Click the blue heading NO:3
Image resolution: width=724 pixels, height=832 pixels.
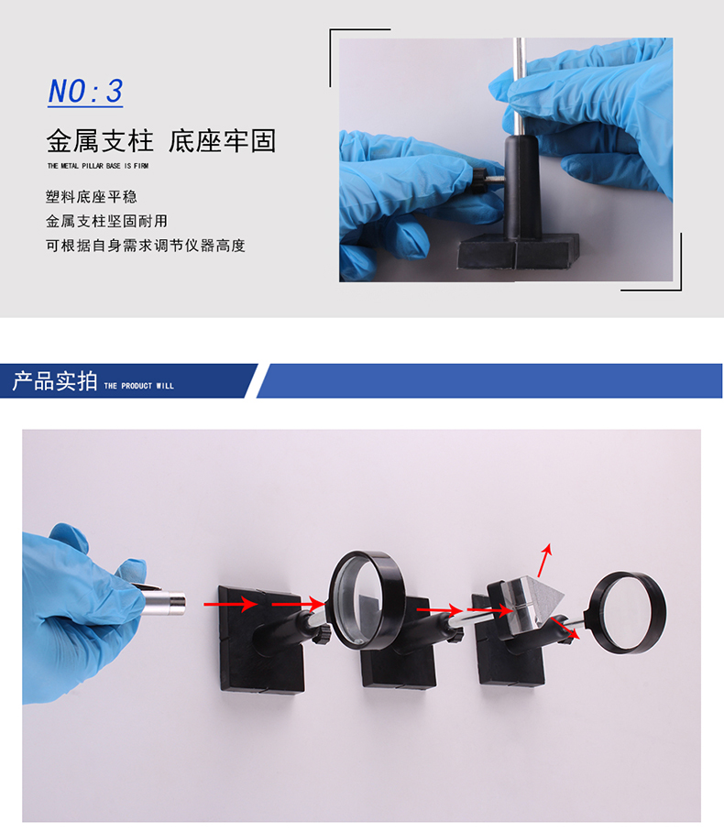point(85,92)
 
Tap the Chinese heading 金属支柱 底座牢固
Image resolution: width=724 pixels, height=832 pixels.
point(161,141)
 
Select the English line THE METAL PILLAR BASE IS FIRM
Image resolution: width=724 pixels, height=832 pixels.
point(98,166)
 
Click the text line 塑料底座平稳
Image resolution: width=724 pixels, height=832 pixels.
point(92,197)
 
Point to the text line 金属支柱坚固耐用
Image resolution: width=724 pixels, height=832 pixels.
point(106,221)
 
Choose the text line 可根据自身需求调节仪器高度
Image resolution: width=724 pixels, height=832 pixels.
point(146,246)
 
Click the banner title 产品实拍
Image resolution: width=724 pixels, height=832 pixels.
point(55,381)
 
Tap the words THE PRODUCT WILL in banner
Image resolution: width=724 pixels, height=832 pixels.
point(139,386)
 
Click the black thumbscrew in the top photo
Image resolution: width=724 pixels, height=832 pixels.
point(480,181)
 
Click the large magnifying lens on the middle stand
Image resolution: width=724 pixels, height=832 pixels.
point(367,599)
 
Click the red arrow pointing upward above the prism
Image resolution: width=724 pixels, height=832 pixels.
point(545,560)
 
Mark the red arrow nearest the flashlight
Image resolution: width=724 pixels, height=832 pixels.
point(231,604)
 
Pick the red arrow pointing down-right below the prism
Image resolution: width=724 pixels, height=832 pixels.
point(565,629)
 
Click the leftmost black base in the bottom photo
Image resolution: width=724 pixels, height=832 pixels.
point(261,640)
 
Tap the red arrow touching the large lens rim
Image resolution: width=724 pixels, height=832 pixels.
point(298,604)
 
